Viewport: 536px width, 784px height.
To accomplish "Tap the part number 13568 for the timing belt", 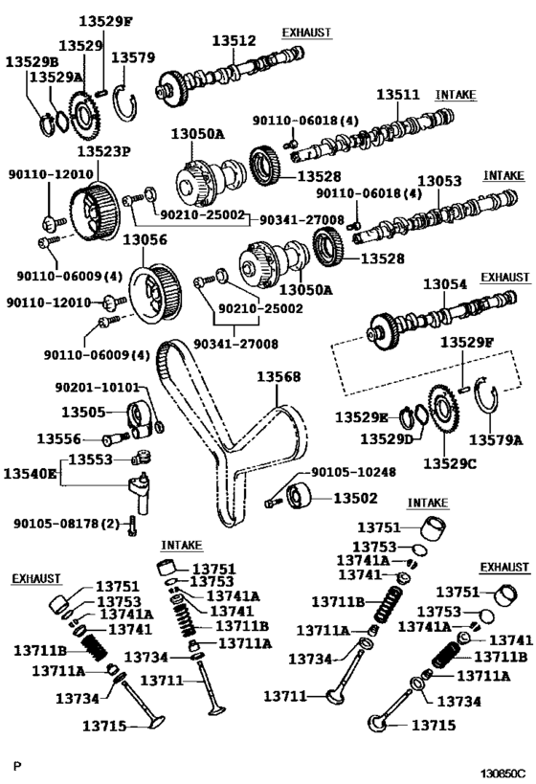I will tap(278, 377).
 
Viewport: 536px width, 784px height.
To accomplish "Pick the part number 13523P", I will tap(103, 151).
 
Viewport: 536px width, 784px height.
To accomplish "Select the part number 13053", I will tap(439, 181).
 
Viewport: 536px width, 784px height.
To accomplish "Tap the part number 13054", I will tap(446, 284).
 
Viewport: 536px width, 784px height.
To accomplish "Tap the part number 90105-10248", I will tap(352, 473).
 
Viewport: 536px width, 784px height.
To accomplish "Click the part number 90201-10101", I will tap(96, 389).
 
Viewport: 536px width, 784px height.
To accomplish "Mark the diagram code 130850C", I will tap(502, 770).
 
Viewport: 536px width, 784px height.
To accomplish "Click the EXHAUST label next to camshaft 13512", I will tap(306, 33).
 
